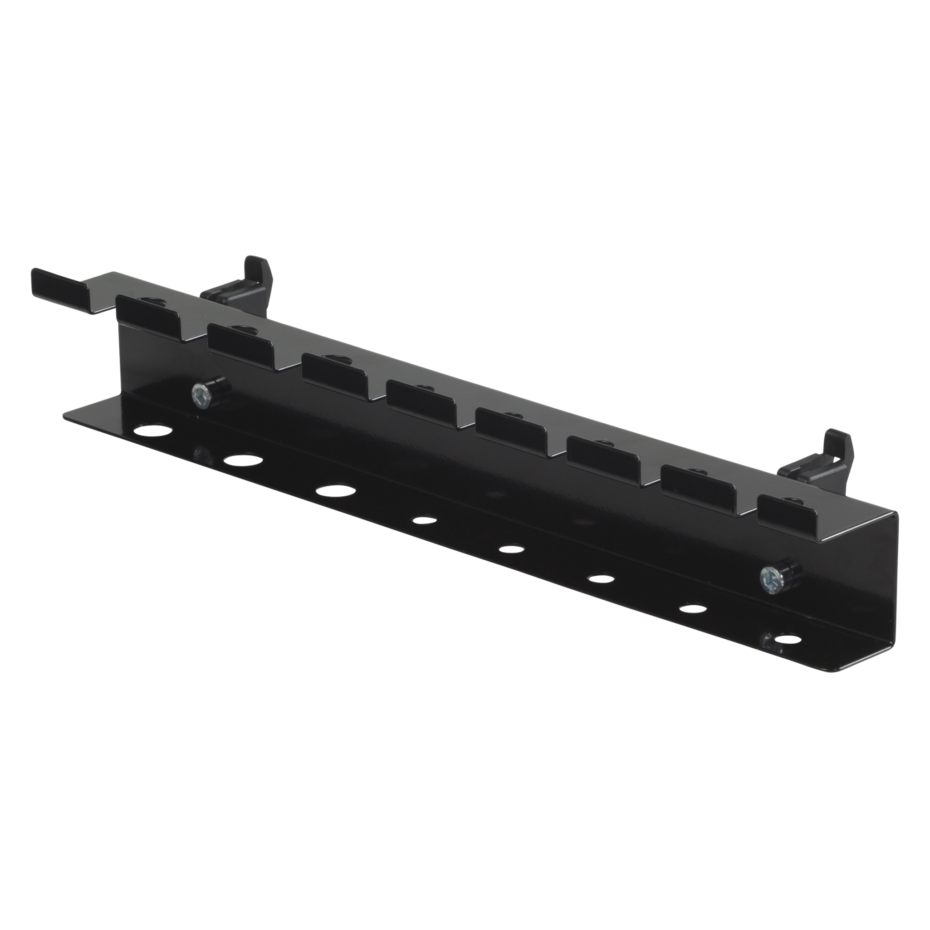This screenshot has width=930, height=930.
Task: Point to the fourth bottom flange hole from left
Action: pyautogui.click(x=424, y=520)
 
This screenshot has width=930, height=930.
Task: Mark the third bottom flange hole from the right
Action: pyautogui.click(x=599, y=578)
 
